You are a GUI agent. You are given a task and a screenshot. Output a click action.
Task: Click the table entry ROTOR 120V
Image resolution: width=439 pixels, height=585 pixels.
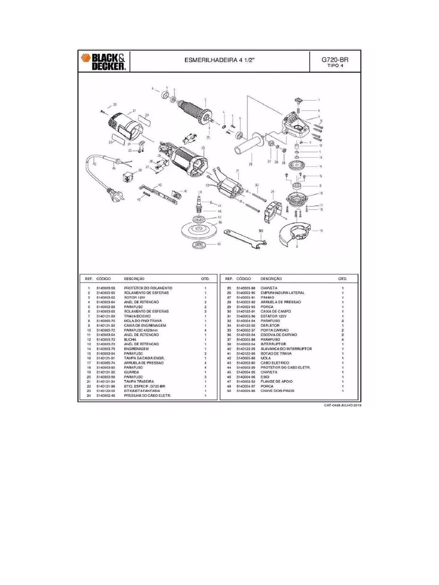pyautogui.click(x=134, y=298)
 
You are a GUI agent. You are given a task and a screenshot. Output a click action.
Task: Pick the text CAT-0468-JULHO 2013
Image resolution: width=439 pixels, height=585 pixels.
pyautogui.click(x=342, y=405)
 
